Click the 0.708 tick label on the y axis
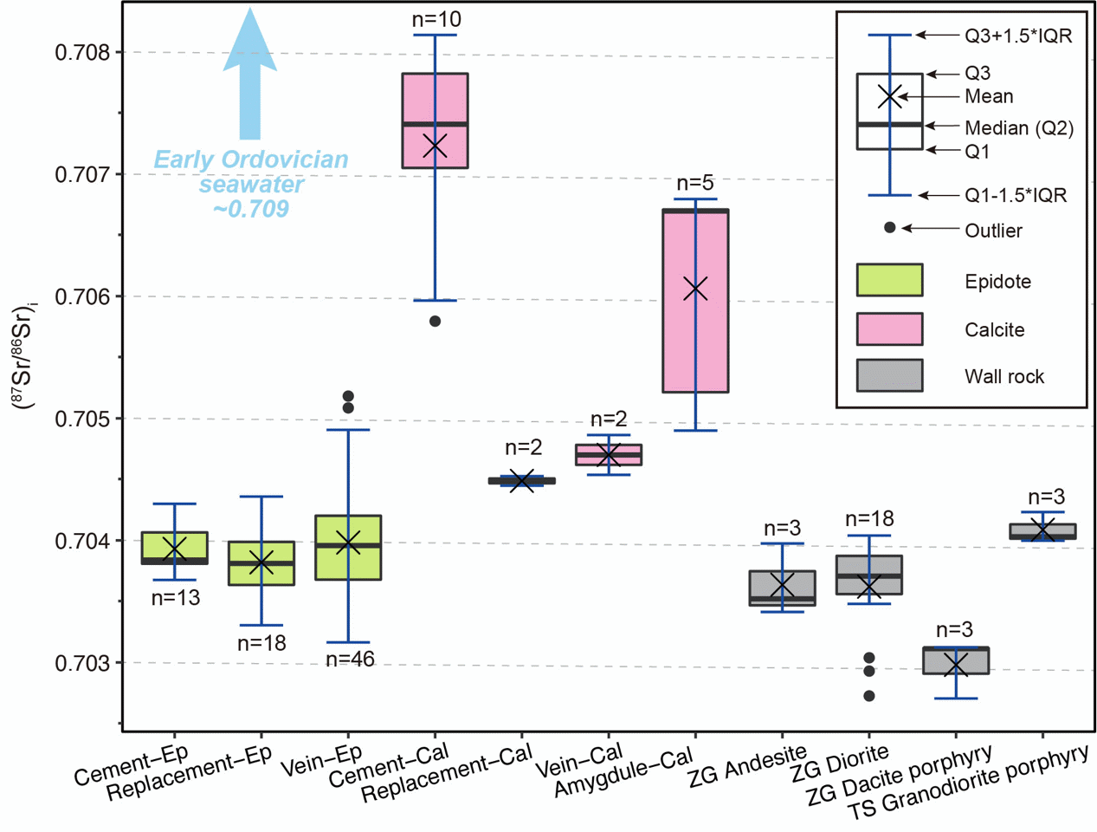point(83,53)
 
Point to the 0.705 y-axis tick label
point(83,419)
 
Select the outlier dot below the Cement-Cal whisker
point(436,322)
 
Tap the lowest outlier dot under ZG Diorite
point(869,696)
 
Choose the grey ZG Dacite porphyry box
point(956,660)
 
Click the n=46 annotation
point(350,660)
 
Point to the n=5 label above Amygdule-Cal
point(695,183)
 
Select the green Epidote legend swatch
point(889,281)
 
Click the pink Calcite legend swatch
point(889,329)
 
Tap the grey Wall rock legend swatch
point(889,376)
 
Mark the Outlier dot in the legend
point(889,228)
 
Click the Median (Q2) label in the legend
point(1018,128)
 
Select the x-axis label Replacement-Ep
point(190,774)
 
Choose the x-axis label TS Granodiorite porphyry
point(968,782)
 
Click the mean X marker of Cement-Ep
point(175,549)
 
